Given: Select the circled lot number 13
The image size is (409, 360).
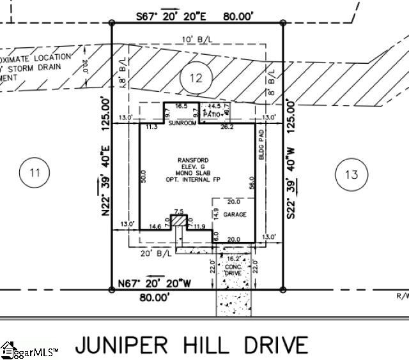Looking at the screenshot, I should (x=352, y=174).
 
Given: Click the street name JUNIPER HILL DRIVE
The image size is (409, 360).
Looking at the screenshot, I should (x=191, y=345).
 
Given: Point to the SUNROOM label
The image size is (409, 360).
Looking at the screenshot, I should (x=182, y=123).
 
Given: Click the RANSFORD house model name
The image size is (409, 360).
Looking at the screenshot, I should (x=194, y=160).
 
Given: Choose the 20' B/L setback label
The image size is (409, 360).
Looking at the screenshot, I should (x=157, y=253).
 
